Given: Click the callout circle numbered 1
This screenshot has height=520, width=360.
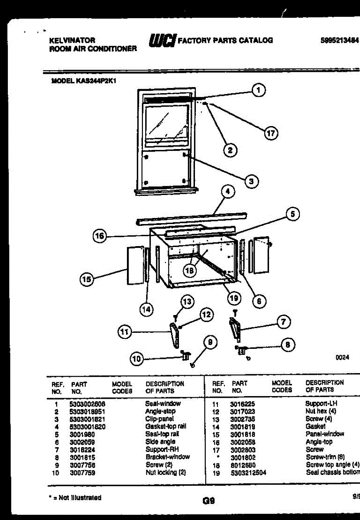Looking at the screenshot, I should pos(259,90).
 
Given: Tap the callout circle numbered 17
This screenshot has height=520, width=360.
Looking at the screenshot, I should pos(271,133).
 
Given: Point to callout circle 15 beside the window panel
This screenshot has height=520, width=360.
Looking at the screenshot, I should pos(88,279).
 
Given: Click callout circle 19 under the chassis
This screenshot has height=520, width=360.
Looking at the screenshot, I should pos(234,298).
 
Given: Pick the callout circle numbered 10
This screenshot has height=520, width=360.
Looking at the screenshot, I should pos(136,358).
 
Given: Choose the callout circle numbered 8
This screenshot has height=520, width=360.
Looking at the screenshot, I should pos(288,345).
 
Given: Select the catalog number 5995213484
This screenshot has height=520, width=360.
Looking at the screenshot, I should pos(340,40).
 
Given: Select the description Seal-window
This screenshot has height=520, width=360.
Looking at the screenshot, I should pos(163,403).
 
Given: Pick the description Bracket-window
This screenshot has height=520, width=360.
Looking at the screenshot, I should pos(168,457).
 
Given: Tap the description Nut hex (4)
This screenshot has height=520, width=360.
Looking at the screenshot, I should pos(321,411).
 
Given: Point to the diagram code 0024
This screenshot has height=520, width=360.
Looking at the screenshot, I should pos(342,358).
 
